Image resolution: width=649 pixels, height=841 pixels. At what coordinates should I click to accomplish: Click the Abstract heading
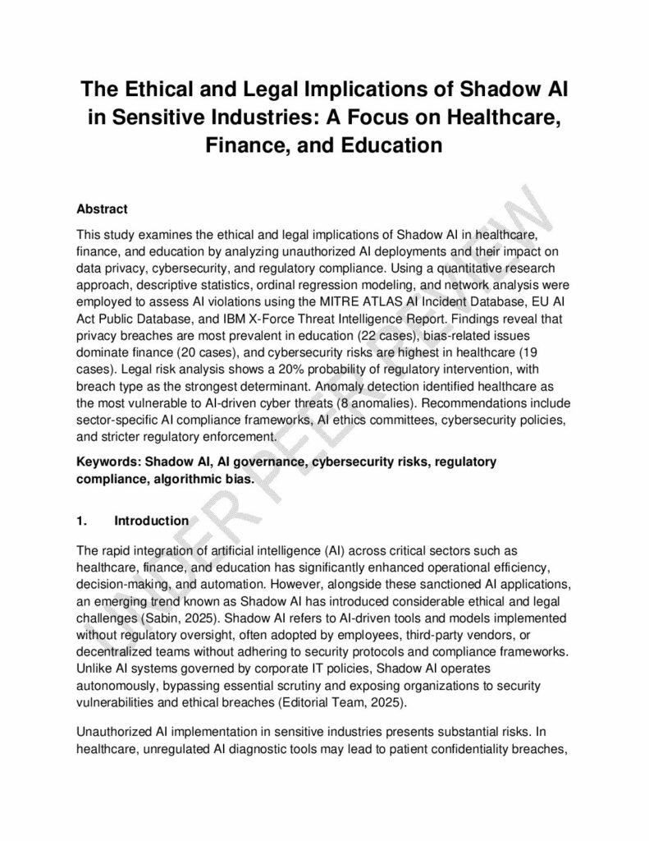point(101,209)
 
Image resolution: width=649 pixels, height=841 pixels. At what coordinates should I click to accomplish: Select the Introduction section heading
point(152,521)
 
